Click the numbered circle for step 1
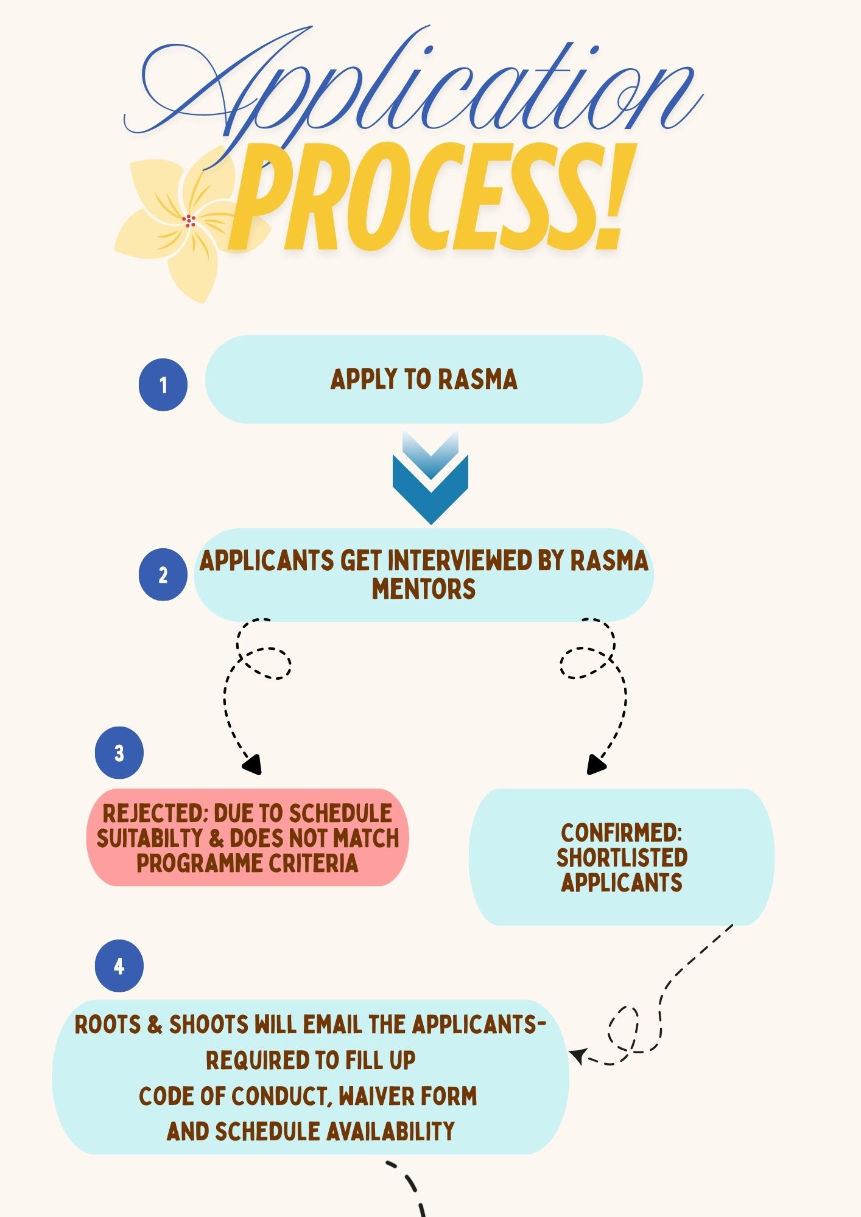pyautogui.click(x=163, y=385)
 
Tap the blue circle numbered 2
pyautogui.click(x=163, y=575)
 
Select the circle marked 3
pyautogui.click(x=119, y=753)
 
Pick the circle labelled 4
pyautogui.click(x=119, y=966)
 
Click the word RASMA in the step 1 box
pyautogui.click(x=478, y=379)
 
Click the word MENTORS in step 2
pyautogui.click(x=424, y=589)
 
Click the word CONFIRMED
pyautogui.click(x=622, y=832)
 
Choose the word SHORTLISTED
pyautogui.click(x=622, y=857)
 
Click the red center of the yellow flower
pyautogui.click(x=189, y=220)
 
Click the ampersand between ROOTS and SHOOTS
pyautogui.click(x=155, y=1025)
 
